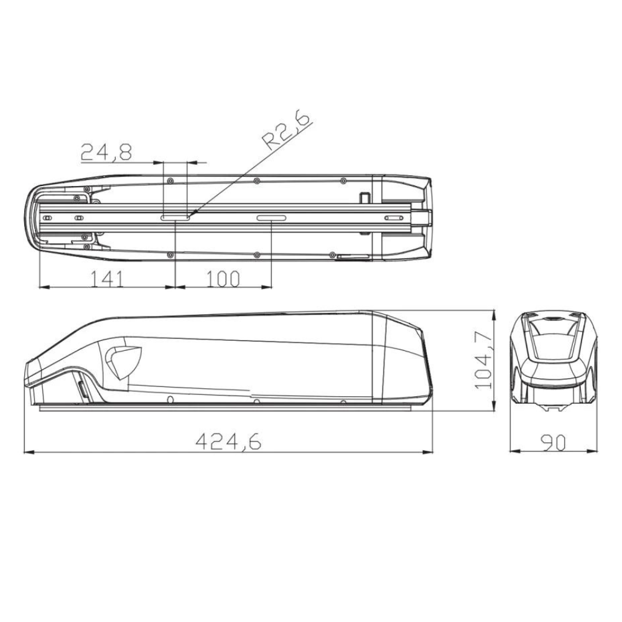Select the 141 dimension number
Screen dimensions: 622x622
[x=107, y=278]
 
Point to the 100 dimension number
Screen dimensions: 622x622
[x=222, y=278]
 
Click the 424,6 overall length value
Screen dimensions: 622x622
[x=228, y=441]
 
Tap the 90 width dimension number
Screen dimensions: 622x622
[x=552, y=442]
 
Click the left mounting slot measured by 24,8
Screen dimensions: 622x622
[x=175, y=218]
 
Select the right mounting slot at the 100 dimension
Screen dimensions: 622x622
[x=272, y=218]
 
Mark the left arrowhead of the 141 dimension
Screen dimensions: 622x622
[x=40, y=287]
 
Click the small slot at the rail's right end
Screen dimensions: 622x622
[x=394, y=218]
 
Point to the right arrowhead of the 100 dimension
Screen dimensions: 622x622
[x=271, y=287]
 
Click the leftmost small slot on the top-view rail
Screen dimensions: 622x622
[x=47, y=218]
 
